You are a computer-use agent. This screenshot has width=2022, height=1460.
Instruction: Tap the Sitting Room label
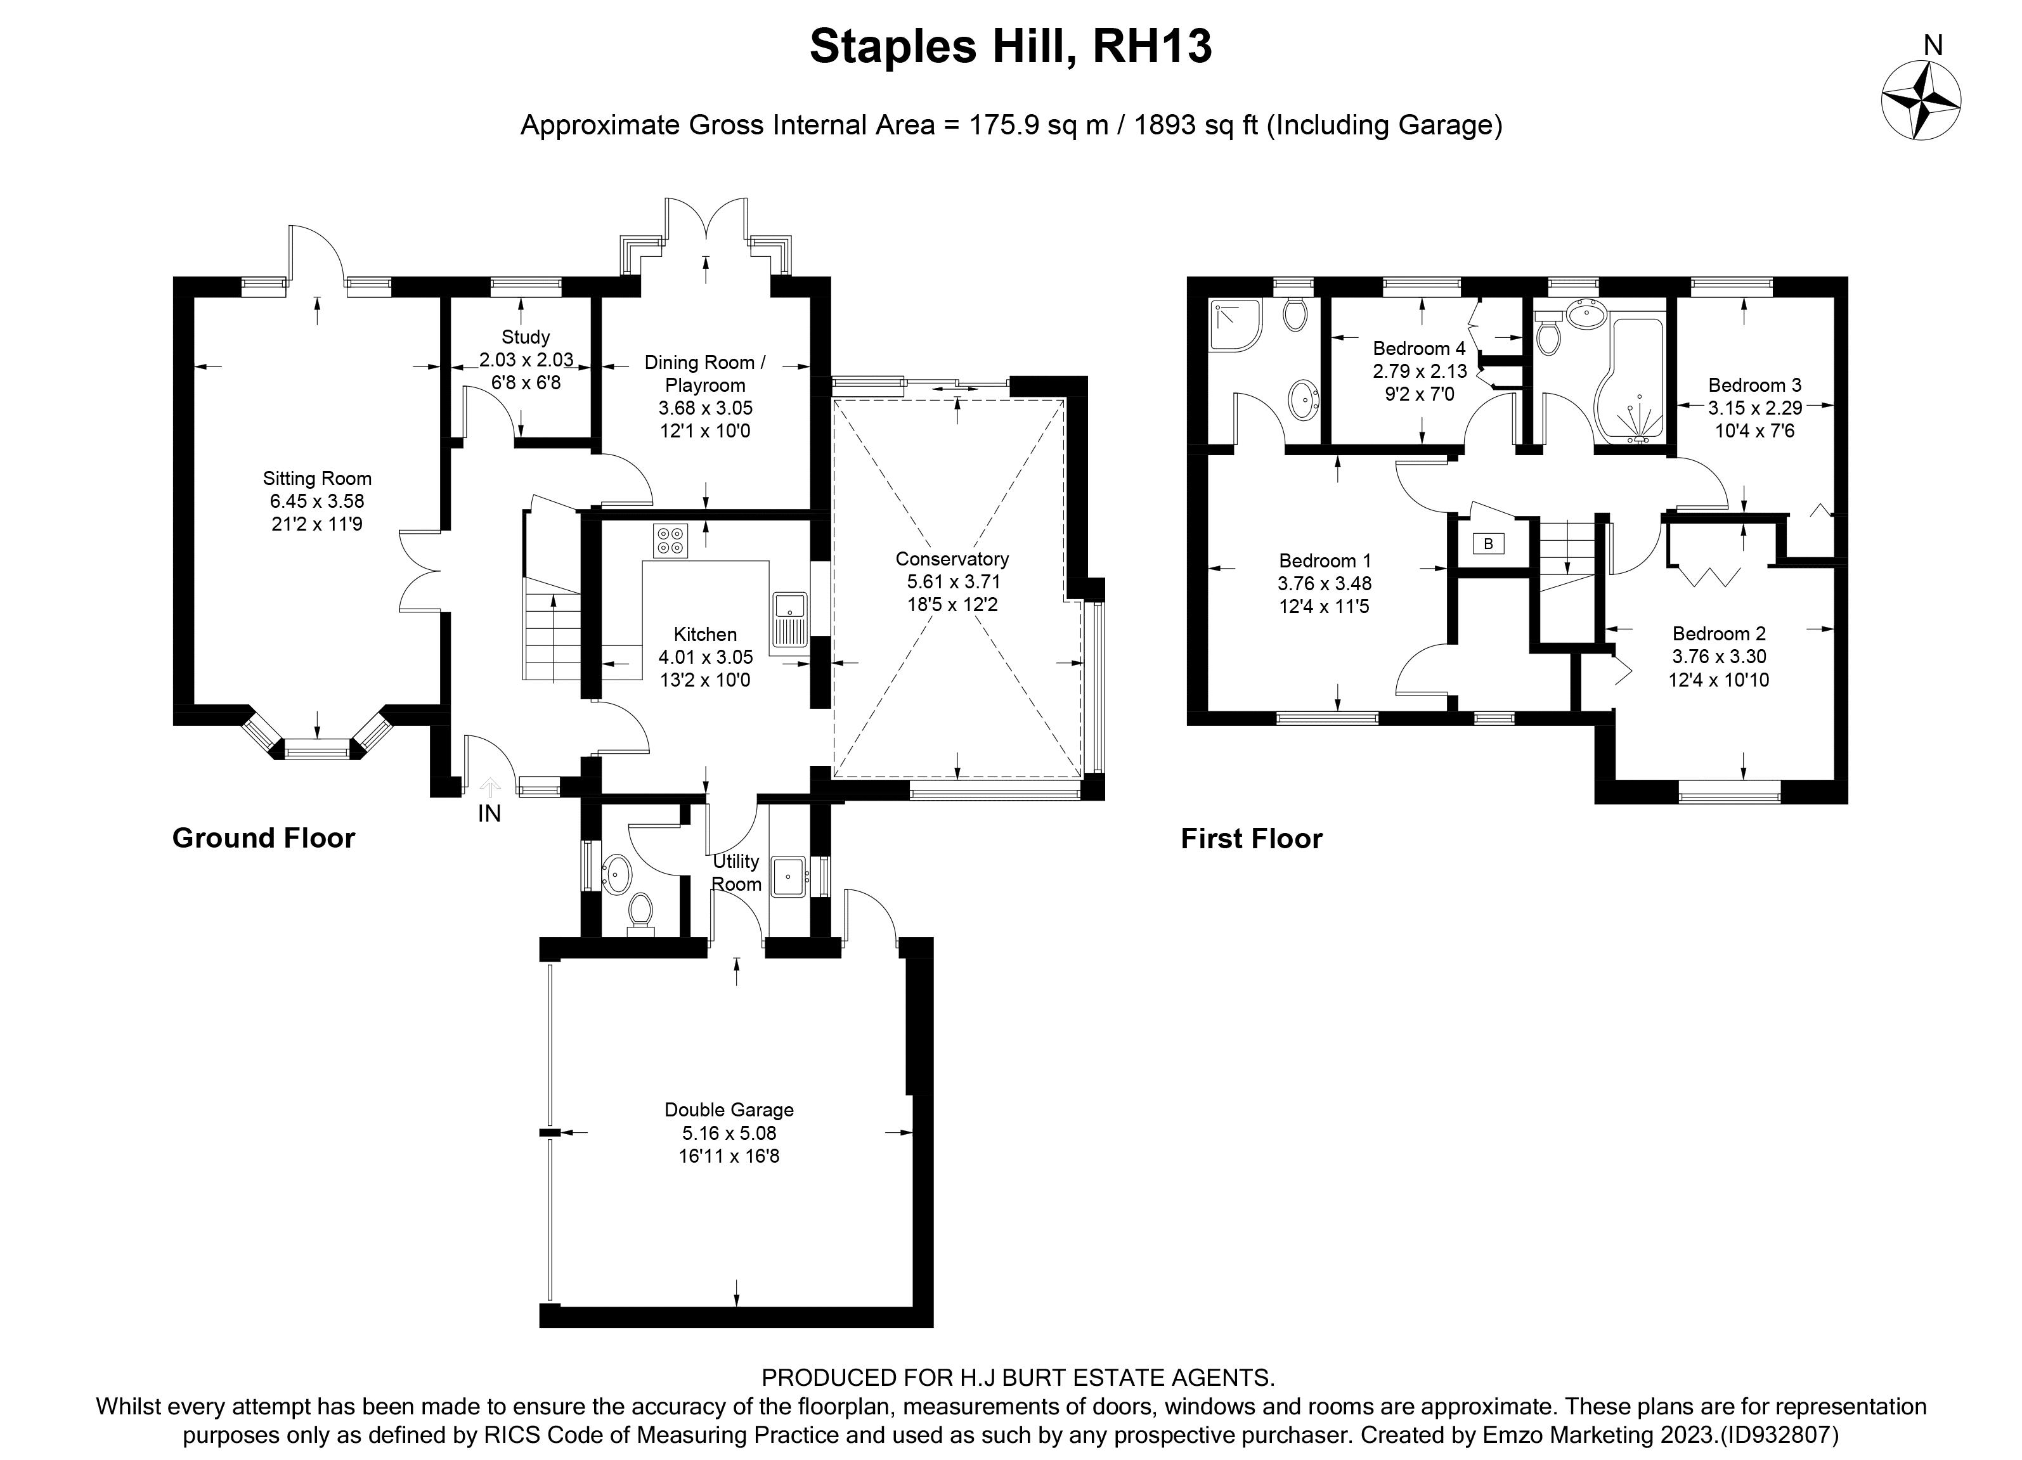[x=318, y=479]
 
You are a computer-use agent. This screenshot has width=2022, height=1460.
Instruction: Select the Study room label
[x=525, y=337]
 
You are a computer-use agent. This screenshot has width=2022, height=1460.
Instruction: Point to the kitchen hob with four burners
[x=670, y=540]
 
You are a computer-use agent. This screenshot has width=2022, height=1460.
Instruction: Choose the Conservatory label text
[x=952, y=559]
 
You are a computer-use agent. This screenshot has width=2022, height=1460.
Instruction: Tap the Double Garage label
[x=729, y=1109]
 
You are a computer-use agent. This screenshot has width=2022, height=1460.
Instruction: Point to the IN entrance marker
[x=489, y=813]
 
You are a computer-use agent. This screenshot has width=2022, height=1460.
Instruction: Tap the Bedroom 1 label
[x=1325, y=560]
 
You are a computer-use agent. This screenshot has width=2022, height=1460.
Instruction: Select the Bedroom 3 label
[x=1754, y=385]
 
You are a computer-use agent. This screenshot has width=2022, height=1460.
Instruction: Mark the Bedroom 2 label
[x=1719, y=634]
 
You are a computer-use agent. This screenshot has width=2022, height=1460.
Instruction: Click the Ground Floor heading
[x=264, y=838]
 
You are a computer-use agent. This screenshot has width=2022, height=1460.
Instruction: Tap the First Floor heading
[x=1252, y=839]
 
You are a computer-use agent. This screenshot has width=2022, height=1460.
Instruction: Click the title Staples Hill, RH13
[x=1011, y=46]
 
